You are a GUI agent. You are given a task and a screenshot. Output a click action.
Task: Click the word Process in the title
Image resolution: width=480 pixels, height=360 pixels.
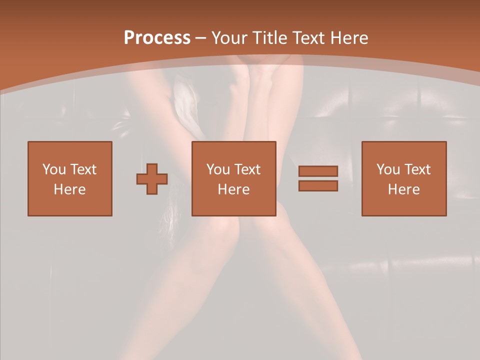[157, 38]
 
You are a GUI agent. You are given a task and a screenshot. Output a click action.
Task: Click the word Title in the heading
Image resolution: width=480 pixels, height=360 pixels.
[270, 38]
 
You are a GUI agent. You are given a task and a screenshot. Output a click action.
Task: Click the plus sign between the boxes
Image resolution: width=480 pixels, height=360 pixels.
[152, 178]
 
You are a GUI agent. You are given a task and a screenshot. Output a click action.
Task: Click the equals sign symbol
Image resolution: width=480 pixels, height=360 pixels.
[318, 178]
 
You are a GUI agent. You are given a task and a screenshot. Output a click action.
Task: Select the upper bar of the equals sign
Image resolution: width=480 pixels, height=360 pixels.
[318, 171]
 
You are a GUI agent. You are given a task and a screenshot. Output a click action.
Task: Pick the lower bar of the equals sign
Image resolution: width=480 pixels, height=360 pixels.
[318, 185]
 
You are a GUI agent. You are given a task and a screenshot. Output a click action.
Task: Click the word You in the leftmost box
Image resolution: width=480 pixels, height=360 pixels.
[53, 169]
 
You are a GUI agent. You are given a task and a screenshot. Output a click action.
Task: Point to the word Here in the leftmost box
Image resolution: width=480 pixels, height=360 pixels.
[70, 189]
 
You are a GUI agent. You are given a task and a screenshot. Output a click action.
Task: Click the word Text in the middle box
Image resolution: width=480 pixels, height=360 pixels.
[246, 169]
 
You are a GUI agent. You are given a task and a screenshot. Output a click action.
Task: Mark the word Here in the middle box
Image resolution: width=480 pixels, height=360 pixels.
[234, 189]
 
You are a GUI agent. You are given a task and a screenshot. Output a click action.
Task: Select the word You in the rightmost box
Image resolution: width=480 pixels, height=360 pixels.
[387, 169]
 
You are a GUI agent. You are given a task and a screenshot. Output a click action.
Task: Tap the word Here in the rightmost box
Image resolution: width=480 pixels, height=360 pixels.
[404, 189]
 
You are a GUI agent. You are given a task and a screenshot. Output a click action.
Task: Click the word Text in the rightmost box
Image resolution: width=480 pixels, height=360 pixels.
[416, 169]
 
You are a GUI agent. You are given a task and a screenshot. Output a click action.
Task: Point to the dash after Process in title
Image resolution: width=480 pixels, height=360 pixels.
[201, 38]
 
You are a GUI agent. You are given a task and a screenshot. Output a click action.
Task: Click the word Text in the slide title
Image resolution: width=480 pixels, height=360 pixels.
[308, 38]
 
